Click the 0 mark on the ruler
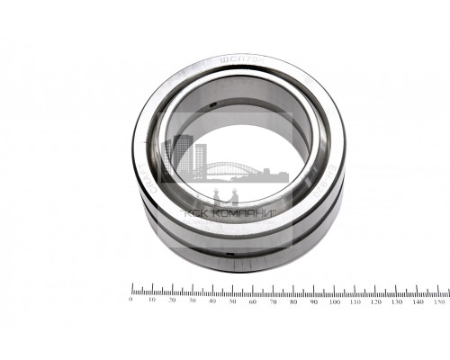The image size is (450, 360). [x=131, y=300]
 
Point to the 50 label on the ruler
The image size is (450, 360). [x=233, y=300]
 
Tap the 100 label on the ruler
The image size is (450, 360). [x=335, y=300]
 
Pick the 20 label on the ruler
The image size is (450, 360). [x=172, y=300]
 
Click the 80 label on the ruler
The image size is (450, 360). [x=294, y=300]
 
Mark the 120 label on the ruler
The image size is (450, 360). [x=375, y=300]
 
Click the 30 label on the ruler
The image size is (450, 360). [x=193, y=300]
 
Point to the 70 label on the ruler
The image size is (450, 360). [x=274, y=300]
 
